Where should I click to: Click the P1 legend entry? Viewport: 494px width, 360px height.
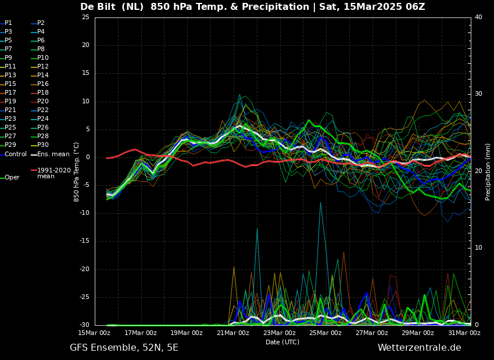tap(8, 23)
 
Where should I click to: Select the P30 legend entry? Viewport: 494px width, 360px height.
tap(43, 145)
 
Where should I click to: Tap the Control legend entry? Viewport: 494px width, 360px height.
tap(15, 154)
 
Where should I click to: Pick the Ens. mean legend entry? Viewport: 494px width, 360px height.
tap(53, 154)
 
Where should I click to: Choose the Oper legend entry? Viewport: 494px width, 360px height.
tap(12, 177)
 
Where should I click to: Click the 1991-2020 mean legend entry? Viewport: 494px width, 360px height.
tap(53, 173)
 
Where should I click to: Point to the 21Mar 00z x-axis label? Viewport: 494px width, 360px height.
tap(233, 333)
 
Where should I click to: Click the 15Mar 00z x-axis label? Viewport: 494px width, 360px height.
tap(94, 333)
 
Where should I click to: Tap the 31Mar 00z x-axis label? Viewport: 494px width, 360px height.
tap(464, 333)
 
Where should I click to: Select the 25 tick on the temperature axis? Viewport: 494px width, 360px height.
tap(85, 17)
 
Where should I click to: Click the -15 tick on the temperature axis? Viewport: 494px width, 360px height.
tap(84, 241)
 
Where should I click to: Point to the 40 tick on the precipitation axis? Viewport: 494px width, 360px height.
tap(478, 17)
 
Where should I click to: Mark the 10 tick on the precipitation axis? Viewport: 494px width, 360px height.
tap(478, 247)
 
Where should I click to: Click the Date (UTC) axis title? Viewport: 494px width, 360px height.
tap(282, 342)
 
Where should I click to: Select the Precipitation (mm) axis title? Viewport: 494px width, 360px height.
tap(488, 171)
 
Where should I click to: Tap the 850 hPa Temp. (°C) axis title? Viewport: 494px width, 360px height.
tap(77, 171)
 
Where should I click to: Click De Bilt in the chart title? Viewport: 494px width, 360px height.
tap(99, 7)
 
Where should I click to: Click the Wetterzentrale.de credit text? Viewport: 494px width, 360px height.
tap(419, 348)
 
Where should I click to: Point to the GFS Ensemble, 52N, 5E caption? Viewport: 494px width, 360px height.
tap(124, 348)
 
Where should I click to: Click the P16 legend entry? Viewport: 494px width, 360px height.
tap(43, 84)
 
